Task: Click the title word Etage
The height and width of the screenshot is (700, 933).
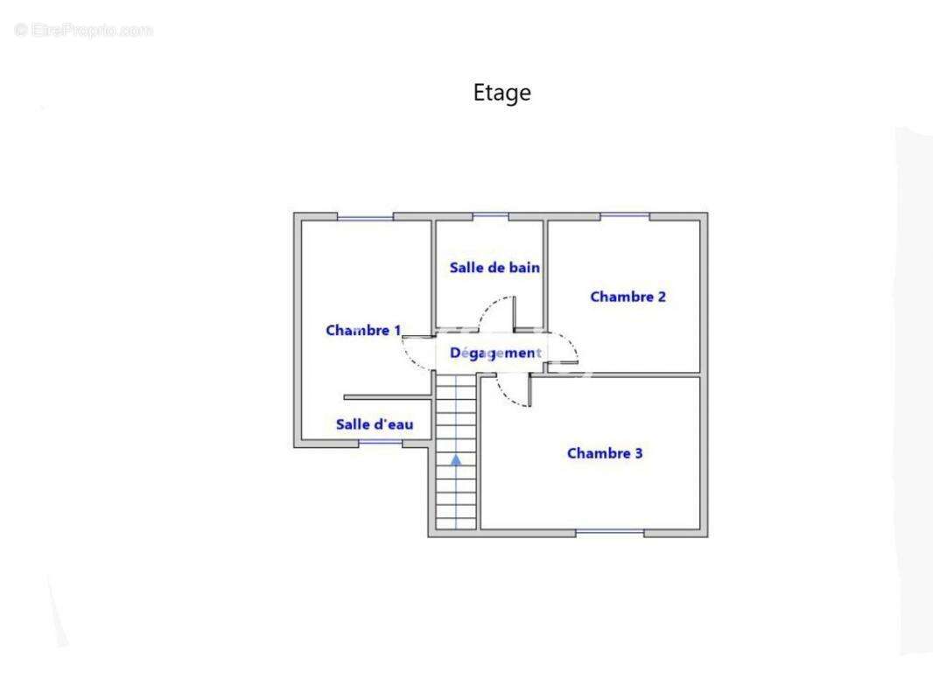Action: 502,93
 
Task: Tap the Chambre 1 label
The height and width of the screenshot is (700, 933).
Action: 363,330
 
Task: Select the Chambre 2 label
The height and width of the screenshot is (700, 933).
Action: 628,297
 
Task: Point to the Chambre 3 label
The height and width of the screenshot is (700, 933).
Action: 605,453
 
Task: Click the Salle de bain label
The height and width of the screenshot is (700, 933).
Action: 495,268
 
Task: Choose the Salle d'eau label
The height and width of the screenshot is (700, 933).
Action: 375,424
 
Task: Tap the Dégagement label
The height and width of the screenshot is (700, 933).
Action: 495,353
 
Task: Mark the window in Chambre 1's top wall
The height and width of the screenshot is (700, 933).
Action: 366,217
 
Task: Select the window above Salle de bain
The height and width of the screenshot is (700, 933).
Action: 490,216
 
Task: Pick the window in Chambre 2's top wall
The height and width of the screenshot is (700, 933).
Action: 625,216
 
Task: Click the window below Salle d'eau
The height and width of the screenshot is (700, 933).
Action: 381,443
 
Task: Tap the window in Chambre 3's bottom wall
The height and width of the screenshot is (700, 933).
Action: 610,532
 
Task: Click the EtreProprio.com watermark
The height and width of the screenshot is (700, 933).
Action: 84,31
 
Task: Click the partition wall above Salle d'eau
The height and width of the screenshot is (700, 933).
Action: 388,397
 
